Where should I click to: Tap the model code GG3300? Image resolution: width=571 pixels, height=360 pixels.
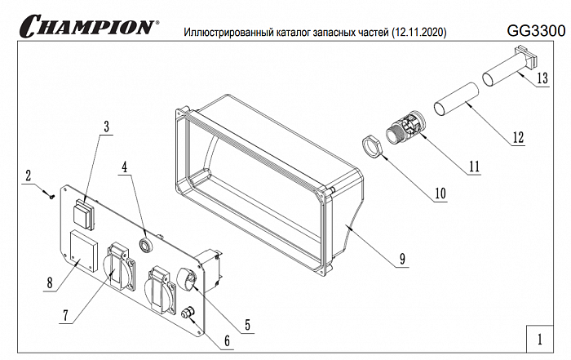[535, 31]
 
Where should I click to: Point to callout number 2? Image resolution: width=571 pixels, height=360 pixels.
[28, 175]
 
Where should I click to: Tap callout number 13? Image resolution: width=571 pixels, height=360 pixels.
[542, 79]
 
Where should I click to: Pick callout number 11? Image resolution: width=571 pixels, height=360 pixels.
[472, 164]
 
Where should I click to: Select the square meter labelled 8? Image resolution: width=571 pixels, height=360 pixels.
[82, 251]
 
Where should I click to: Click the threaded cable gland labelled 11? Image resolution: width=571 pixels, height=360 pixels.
[405, 130]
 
